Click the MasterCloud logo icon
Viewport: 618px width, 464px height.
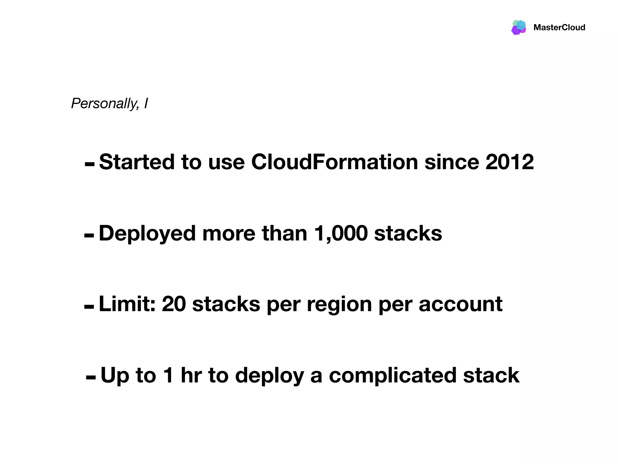(519, 27)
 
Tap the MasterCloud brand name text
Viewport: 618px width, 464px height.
(559, 27)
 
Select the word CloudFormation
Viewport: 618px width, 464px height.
(334, 162)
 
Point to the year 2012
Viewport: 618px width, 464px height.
(509, 162)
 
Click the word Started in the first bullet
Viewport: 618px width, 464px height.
(137, 162)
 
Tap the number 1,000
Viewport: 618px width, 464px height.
(341, 234)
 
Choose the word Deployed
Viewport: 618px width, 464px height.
(147, 234)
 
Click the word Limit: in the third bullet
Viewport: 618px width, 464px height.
(127, 304)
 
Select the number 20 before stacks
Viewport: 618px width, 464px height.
(174, 304)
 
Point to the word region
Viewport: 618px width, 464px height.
(339, 304)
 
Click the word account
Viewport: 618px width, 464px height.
(460, 304)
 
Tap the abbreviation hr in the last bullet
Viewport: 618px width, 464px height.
(191, 375)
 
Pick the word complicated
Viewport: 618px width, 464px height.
(393, 376)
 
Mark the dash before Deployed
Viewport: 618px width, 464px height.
(89, 236)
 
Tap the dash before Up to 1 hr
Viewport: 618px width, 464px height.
(91, 377)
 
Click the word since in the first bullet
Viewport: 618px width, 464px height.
(452, 162)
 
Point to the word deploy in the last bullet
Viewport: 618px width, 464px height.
(269, 376)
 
